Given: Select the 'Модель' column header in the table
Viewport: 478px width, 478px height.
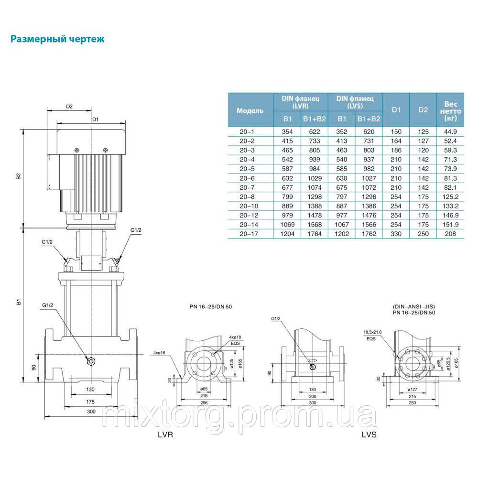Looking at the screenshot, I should pos(250,110).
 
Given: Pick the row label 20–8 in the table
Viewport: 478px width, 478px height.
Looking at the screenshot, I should pos(250,196).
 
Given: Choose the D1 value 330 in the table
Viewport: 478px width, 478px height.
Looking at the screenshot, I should pos(396,234).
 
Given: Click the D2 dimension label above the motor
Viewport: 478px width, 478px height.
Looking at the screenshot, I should pos(69,107).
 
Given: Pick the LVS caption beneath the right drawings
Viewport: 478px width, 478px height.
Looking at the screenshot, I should pos(369,436).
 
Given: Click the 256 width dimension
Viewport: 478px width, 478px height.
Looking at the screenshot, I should pos(205,402).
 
